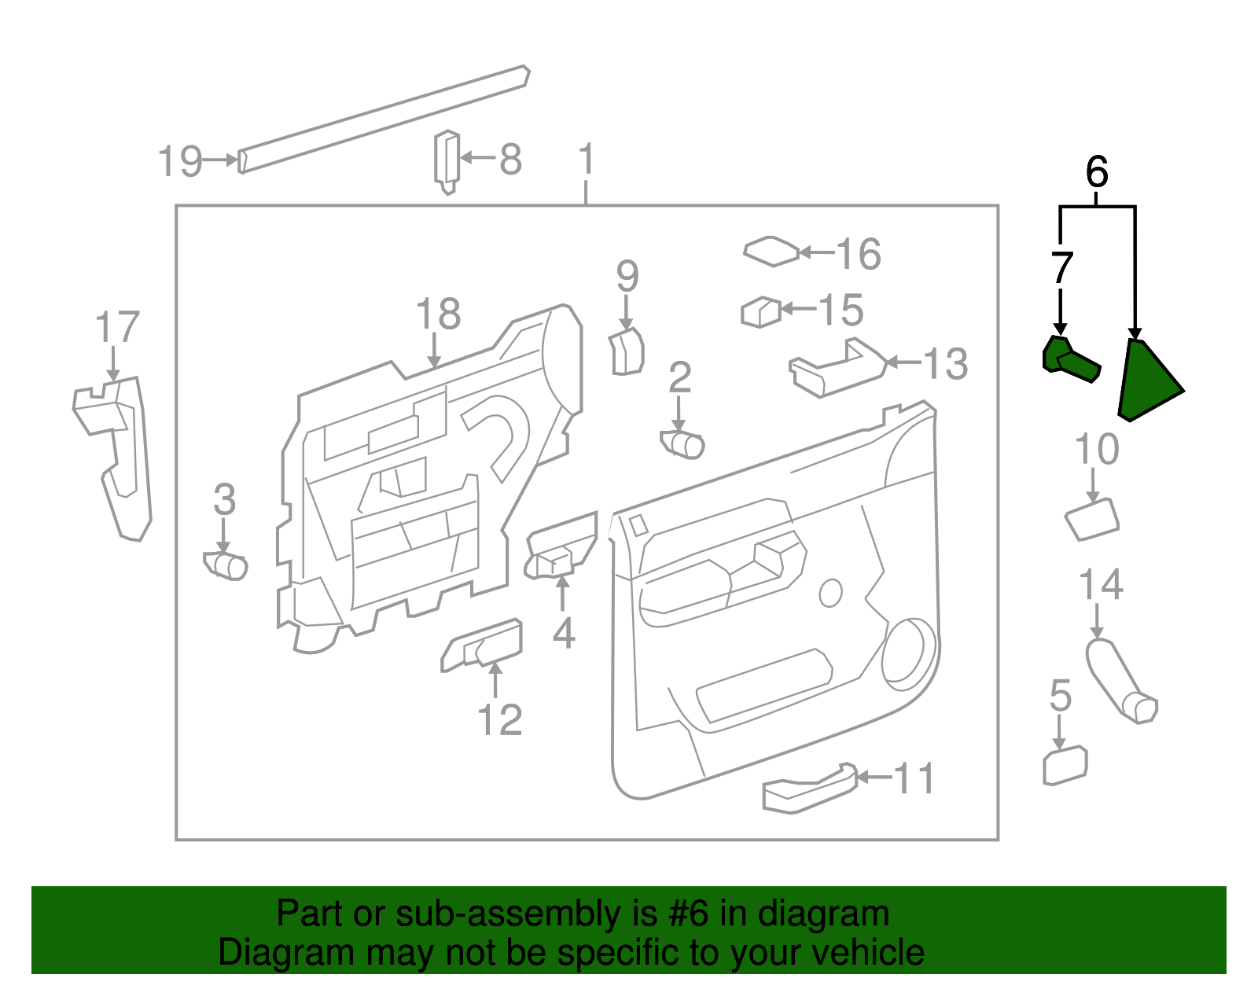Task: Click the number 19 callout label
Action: coord(180,161)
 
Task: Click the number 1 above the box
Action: coord(586,160)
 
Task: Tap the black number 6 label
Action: coord(1096,172)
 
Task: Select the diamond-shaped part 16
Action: coord(771,252)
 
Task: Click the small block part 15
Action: coord(760,312)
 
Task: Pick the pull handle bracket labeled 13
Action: coord(837,370)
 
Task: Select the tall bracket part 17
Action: coord(118,456)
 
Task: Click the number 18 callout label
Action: coord(438,314)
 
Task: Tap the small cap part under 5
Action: coord(1065,766)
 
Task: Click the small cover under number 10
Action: coord(1091,520)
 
